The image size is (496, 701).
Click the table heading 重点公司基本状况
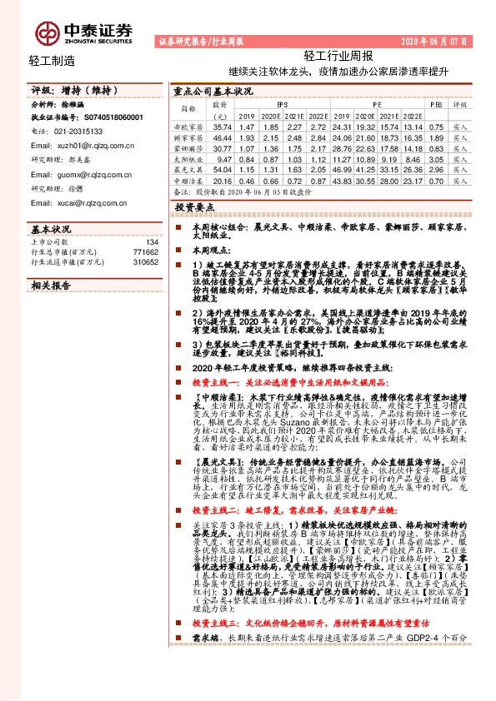(x=213, y=92)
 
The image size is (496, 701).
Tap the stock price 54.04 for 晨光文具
(x=221, y=168)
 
